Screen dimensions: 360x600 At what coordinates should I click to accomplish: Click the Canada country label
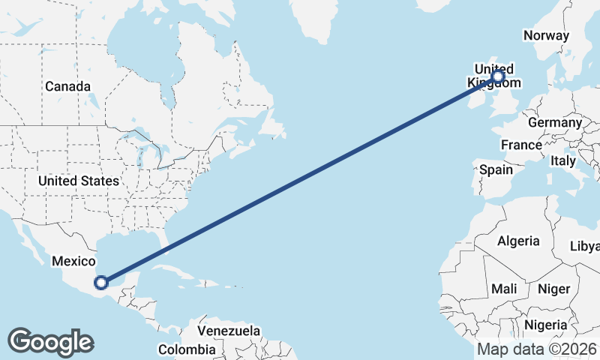(x=67, y=86)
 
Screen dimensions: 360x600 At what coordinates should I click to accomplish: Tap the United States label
(x=78, y=181)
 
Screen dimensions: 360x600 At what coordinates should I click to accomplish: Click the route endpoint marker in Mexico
(x=101, y=282)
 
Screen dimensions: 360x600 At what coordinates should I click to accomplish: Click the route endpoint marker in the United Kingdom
(x=498, y=76)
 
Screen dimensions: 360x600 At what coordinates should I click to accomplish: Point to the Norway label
(x=546, y=35)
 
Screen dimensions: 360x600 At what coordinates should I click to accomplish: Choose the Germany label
(x=554, y=122)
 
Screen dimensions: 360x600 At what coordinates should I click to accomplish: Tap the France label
(x=521, y=145)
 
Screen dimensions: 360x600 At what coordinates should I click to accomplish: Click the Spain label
(x=496, y=169)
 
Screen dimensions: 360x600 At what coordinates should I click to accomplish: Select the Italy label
(x=562, y=160)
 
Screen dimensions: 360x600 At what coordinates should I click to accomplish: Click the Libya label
(x=585, y=246)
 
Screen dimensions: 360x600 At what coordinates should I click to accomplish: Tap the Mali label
(x=504, y=289)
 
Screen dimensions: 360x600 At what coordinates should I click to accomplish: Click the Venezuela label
(x=229, y=330)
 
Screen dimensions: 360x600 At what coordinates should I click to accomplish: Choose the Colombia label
(x=187, y=349)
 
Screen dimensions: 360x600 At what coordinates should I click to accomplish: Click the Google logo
(x=50, y=341)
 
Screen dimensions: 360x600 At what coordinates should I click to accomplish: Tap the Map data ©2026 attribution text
(x=536, y=349)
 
